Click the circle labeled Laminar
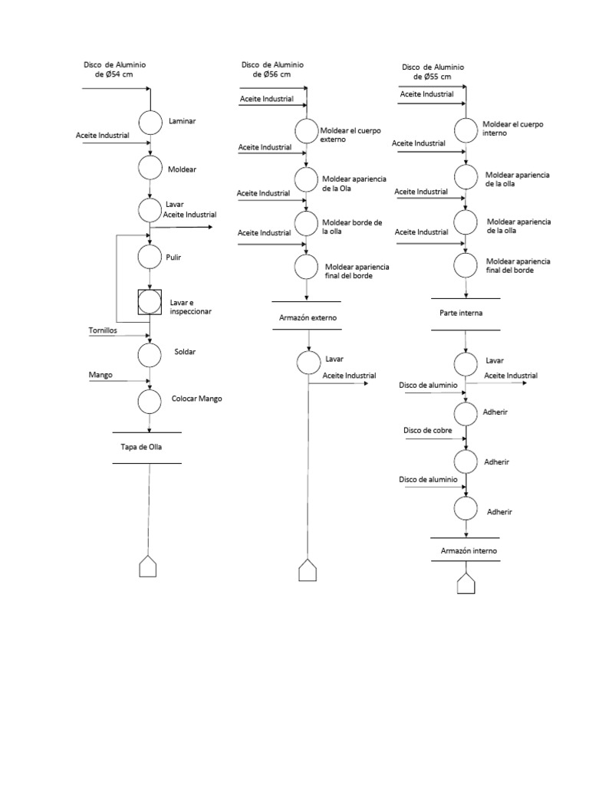coord(150,123)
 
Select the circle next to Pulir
coord(150,255)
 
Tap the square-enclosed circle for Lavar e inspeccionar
coord(150,301)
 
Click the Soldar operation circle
coord(150,354)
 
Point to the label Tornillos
coord(103,330)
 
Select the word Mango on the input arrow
coord(100,376)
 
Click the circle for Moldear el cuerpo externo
coord(306,130)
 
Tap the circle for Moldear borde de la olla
coord(306,224)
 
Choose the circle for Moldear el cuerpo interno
coord(466,129)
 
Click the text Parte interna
coord(462,313)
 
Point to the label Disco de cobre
coord(427,430)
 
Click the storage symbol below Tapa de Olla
coord(148,567)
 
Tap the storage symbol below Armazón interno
coord(466,583)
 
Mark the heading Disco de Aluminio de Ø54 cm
coord(114,70)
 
